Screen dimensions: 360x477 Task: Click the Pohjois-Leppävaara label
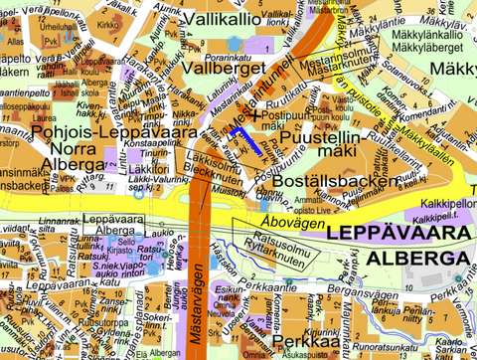click(87, 131)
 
